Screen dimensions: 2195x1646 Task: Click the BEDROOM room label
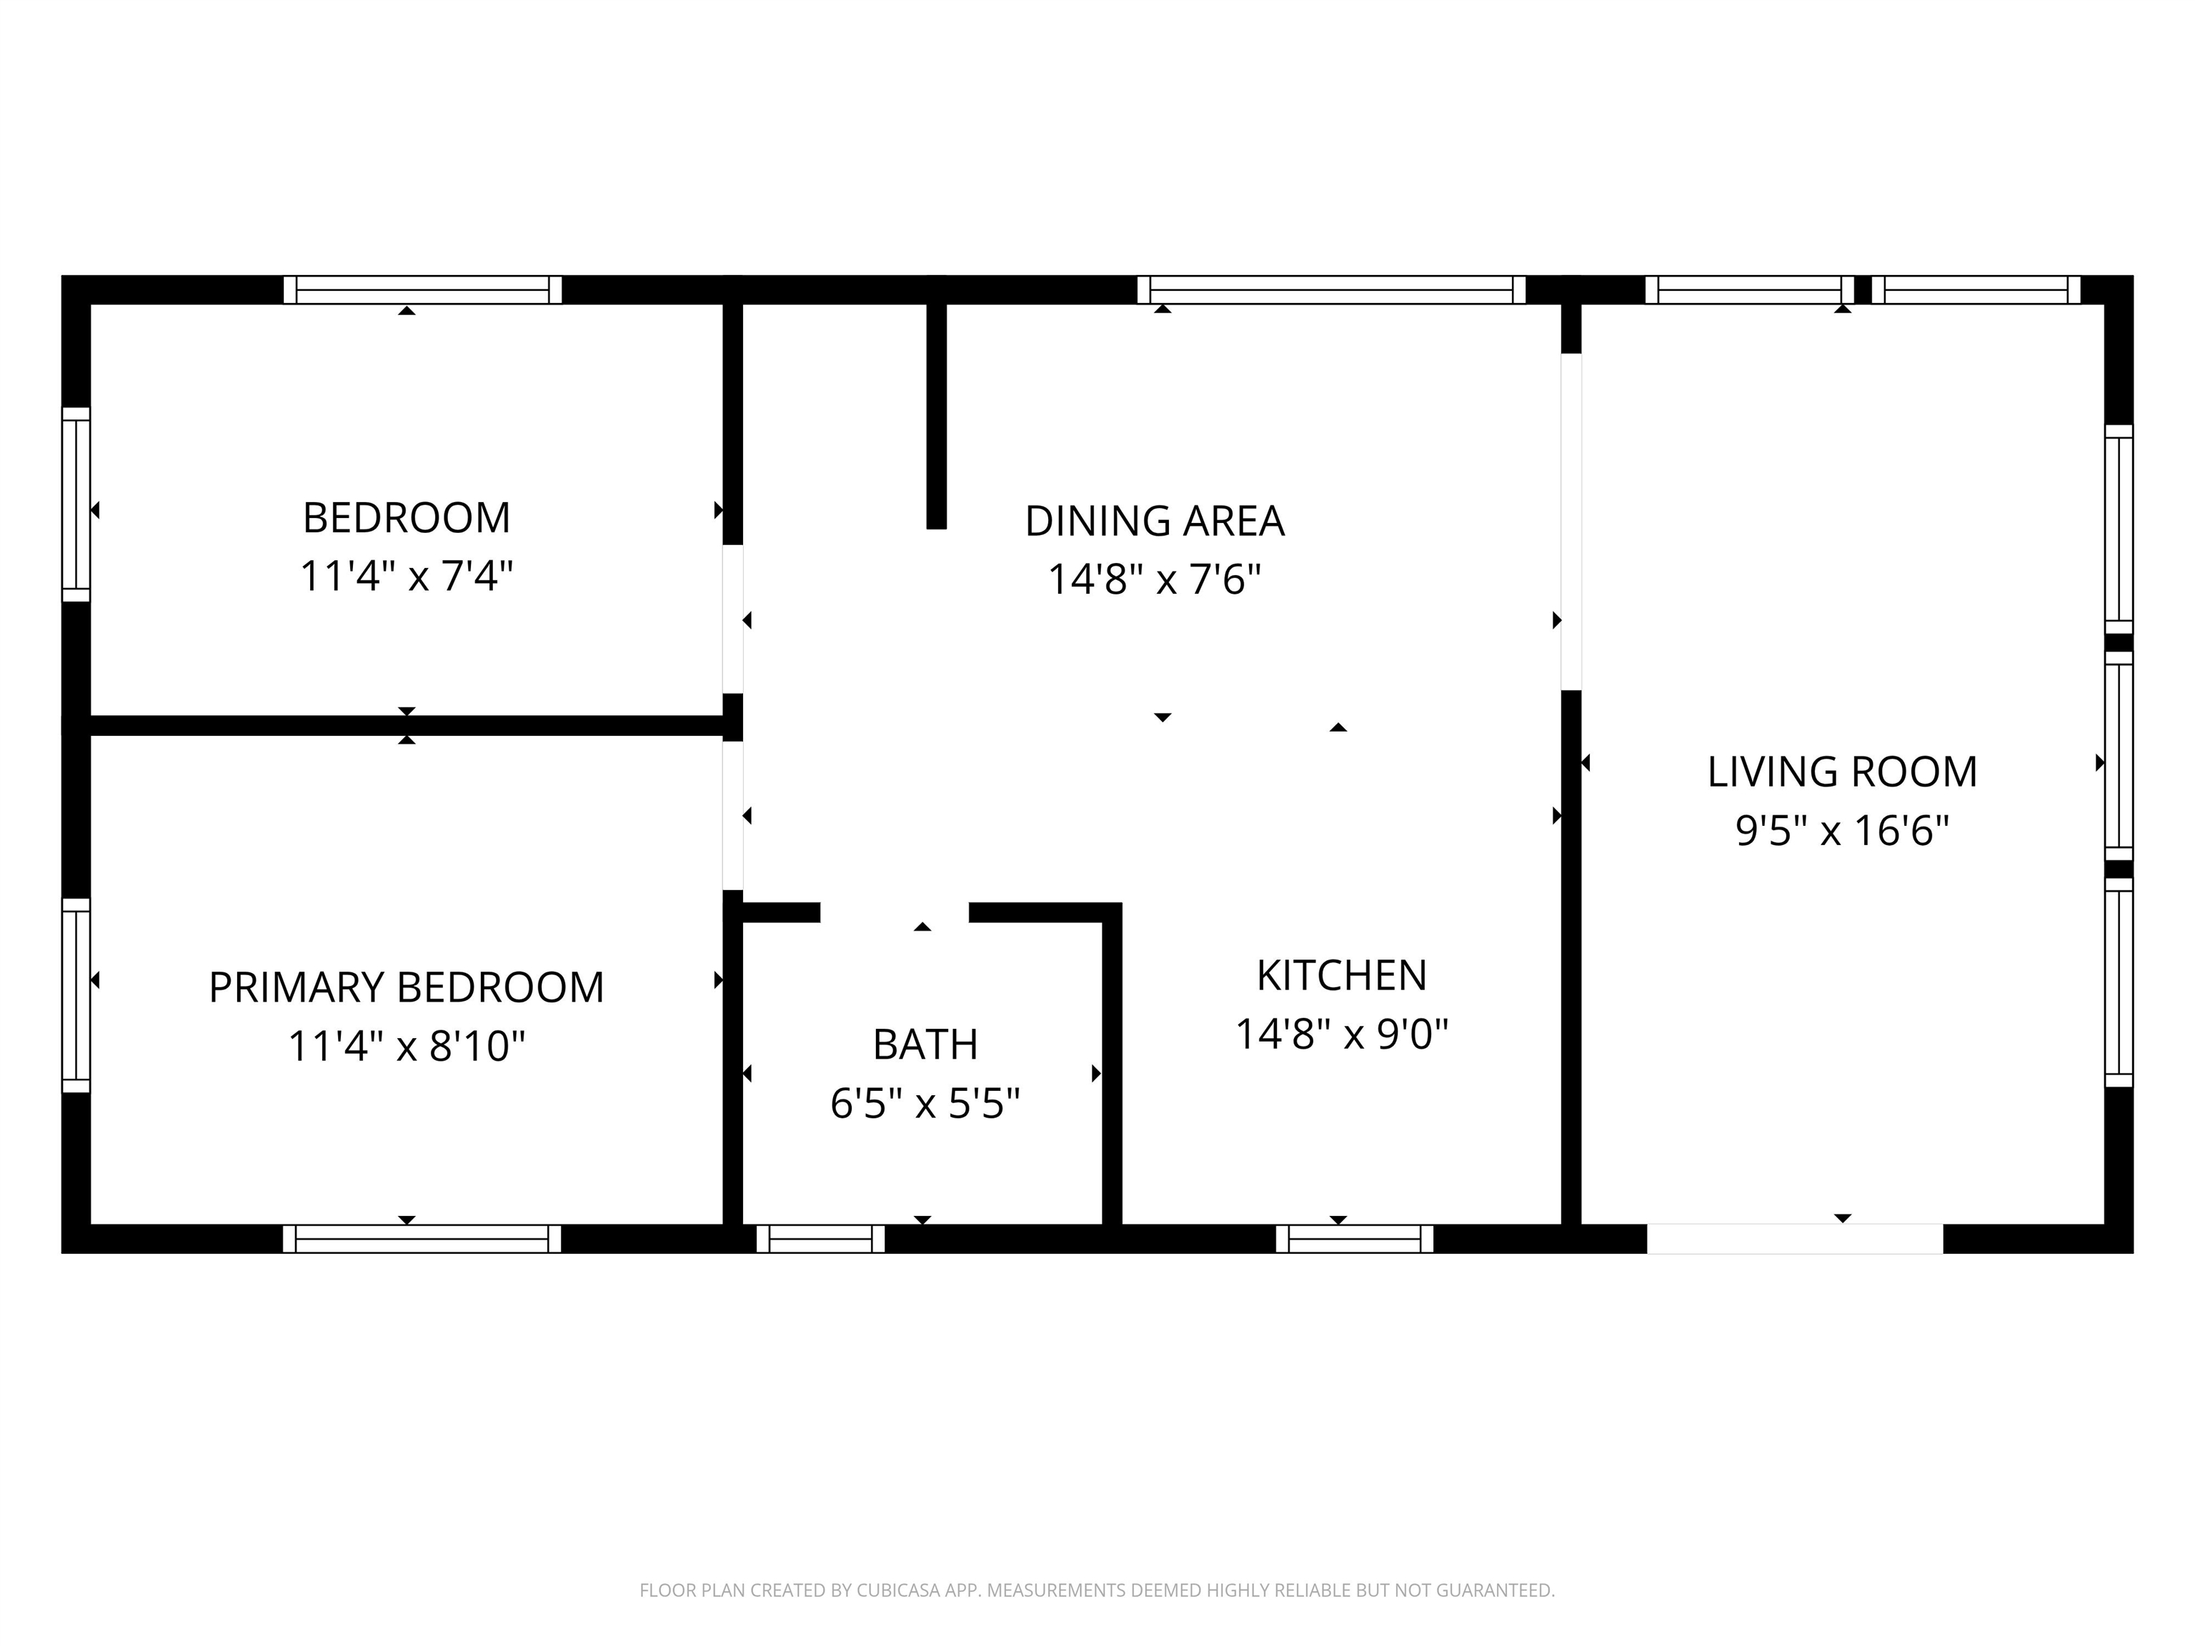(x=406, y=518)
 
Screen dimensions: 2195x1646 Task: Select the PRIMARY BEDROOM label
(x=406, y=987)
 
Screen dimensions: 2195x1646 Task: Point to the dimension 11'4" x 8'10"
(x=407, y=1046)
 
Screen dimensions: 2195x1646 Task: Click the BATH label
(x=925, y=1044)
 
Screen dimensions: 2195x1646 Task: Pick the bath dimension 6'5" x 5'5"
(x=925, y=1103)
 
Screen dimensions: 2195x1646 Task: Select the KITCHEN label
(x=1342, y=975)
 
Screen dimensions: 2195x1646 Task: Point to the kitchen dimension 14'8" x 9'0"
(x=1342, y=1034)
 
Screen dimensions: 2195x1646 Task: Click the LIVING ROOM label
(x=1842, y=772)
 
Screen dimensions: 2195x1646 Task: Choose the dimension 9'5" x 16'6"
(x=1842, y=830)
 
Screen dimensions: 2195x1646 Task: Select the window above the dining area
(x=1330, y=290)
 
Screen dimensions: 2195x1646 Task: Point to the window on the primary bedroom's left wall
(x=76, y=995)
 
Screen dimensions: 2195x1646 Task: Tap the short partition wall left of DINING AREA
(x=936, y=417)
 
